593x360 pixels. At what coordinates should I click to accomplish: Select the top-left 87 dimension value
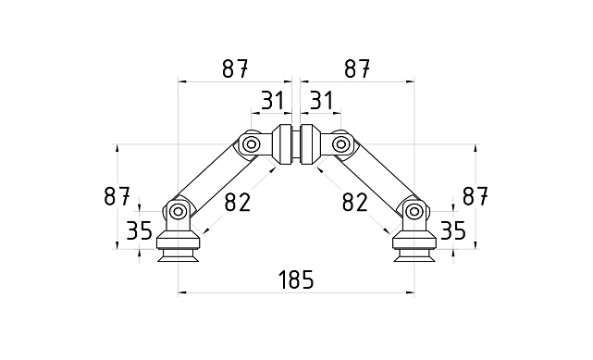[x=235, y=68]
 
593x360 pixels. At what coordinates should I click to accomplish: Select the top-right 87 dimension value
[x=357, y=68]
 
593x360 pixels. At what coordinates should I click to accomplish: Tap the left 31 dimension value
[x=271, y=99]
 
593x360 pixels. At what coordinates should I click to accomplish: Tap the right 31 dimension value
[x=321, y=99]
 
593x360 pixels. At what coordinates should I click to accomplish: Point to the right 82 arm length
[x=355, y=201]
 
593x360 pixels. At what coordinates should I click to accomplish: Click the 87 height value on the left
[x=117, y=196]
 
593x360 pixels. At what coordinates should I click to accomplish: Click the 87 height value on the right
[x=475, y=196]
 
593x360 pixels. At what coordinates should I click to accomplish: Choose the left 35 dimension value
[x=139, y=230]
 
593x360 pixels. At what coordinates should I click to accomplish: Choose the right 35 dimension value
[x=452, y=230]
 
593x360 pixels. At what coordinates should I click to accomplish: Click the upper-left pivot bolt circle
[x=251, y=144]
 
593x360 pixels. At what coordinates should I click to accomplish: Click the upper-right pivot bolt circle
[x=341, y=144]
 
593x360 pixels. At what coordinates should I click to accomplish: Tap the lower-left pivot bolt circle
[x=178, y=211]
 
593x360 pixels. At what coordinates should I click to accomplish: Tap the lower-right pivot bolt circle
[x=414, y=211]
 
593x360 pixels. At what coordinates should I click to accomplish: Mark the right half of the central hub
[x=308, y=145]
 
